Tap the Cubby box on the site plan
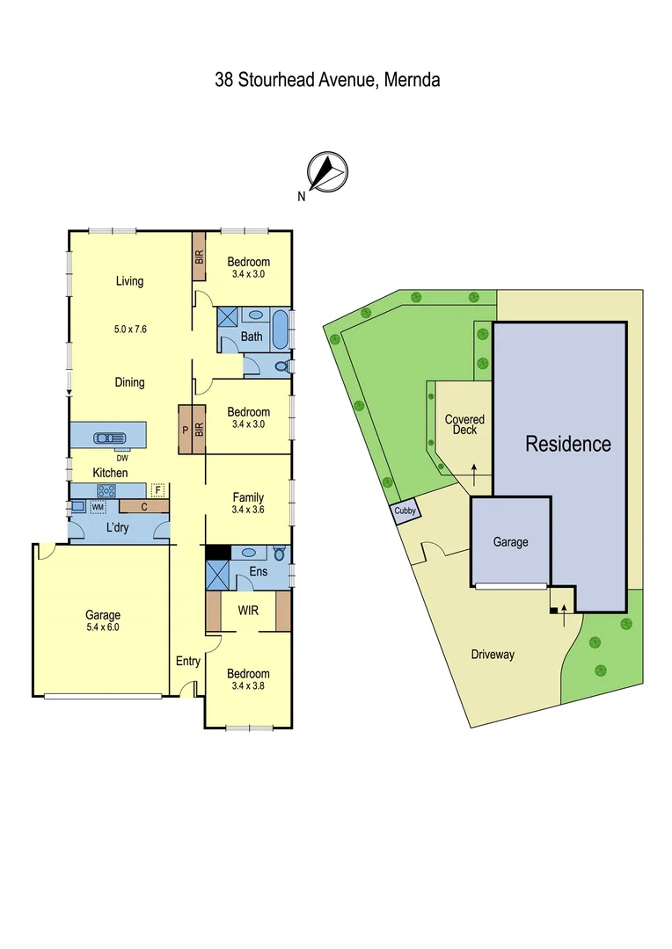[405, 512]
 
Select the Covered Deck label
[464, 424]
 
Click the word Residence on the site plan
[567, 444]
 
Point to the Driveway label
[493, 654]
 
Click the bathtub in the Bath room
[279, 330]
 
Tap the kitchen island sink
[108, 437]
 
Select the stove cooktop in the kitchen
[106, 491]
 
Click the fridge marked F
[157, 490]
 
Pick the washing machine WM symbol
[98, 507]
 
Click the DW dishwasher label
[122, 457]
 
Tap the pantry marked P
[186, 430]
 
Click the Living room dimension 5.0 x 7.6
[129, 330]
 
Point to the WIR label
[248, 610]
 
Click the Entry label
[188, 662]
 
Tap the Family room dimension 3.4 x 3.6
[248, 510]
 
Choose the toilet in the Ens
[278, 554]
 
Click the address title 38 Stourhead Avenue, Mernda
[327, 80]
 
